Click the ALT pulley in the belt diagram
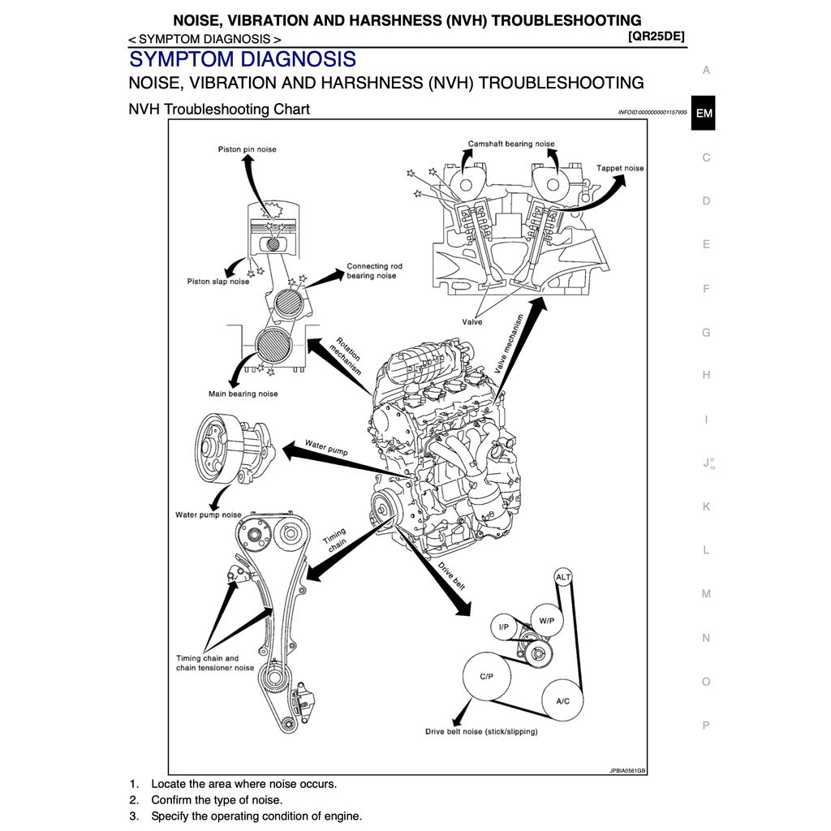pos(563,577)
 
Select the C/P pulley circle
pos(486,676)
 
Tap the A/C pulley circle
pos(562,700)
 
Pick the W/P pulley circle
pos(546,621)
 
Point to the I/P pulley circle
pos(503,626)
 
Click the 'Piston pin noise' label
pos(247,149)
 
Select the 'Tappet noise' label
pos(620,168)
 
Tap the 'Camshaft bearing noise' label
pos(511,144)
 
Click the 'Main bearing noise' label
pos(243,394)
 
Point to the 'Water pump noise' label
pos(209,515)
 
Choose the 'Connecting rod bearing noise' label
pos(373,271)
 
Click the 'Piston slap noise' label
pos(218,282)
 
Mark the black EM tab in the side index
pos(704,114)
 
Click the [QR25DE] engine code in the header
pos(657,36)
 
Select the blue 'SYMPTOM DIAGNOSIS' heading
pos(242,59)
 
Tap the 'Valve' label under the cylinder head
pos(472,322)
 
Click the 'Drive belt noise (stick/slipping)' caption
pos(481,731)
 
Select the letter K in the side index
pos(706,506)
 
